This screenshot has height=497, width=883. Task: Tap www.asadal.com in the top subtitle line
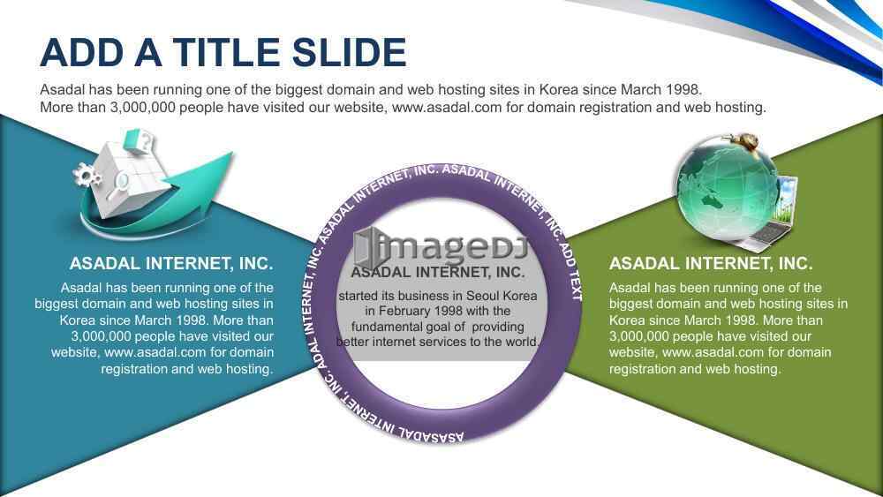point(447,107)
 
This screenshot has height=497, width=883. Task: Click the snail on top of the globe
point(743,140)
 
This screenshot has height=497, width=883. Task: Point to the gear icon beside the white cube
point(87,175)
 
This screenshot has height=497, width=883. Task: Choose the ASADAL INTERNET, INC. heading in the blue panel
point(171,263)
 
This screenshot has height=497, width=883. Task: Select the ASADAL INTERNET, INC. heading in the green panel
point(711,263)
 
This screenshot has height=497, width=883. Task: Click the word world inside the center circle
point(523,342)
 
